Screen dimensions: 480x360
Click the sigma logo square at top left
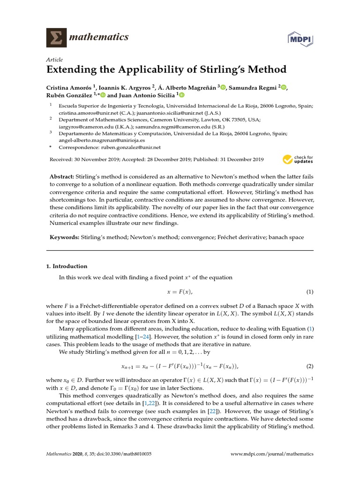coord(56,37)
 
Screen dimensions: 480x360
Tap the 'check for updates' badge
coord(298,159)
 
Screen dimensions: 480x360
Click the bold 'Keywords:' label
coord(65,238)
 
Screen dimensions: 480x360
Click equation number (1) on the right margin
coord(309,292)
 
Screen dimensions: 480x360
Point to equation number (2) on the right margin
coord(309,366)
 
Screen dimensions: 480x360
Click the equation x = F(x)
coord(180,292)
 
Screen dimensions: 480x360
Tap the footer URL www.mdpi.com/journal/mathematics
coord(272,454)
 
